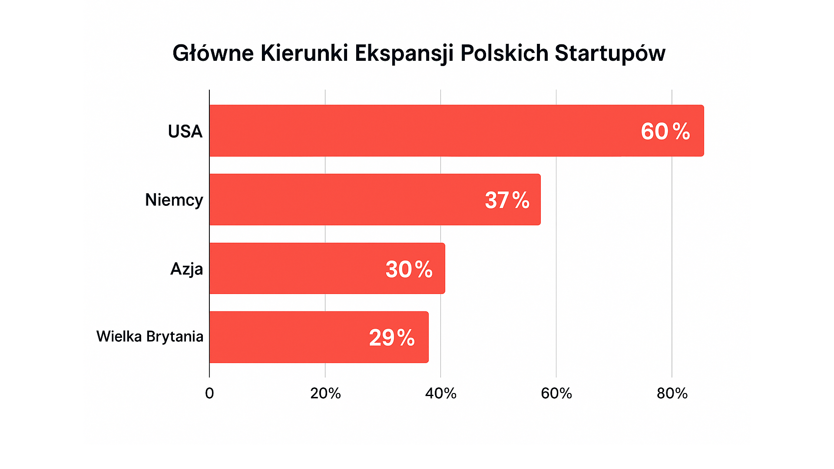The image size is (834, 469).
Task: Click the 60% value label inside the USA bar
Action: [x=665, y=131]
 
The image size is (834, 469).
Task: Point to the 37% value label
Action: [x=507, y=200]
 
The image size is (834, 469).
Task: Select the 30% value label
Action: [x=409, y=269]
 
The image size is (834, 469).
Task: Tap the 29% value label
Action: [x=392, y=337]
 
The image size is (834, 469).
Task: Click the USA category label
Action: [x=185, y=131]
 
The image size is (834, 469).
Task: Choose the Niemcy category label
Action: [x=174, y=200]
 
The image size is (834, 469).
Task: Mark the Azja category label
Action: [x=186, y=269]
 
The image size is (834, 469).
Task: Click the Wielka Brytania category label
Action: [x=150, y=337]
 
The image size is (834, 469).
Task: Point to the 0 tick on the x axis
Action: [x=209, y=393]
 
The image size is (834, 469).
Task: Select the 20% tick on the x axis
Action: [x=325, y=393]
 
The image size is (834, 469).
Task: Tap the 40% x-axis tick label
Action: [x=441, y=393]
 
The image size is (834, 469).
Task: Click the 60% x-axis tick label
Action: [x=556, y=393]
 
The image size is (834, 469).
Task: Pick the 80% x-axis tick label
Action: [x=672, y=393]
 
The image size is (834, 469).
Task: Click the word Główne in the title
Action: [x=213, y=53]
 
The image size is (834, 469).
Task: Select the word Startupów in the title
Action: [x=610, y=53]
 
